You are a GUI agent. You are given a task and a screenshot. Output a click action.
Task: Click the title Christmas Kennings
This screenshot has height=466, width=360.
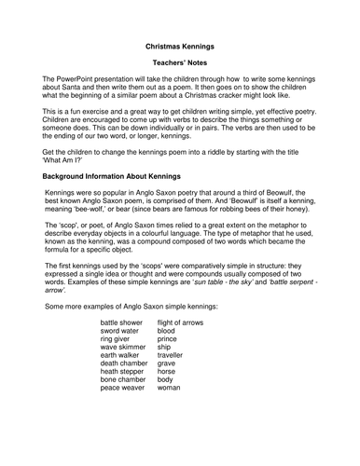coord(179,44)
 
